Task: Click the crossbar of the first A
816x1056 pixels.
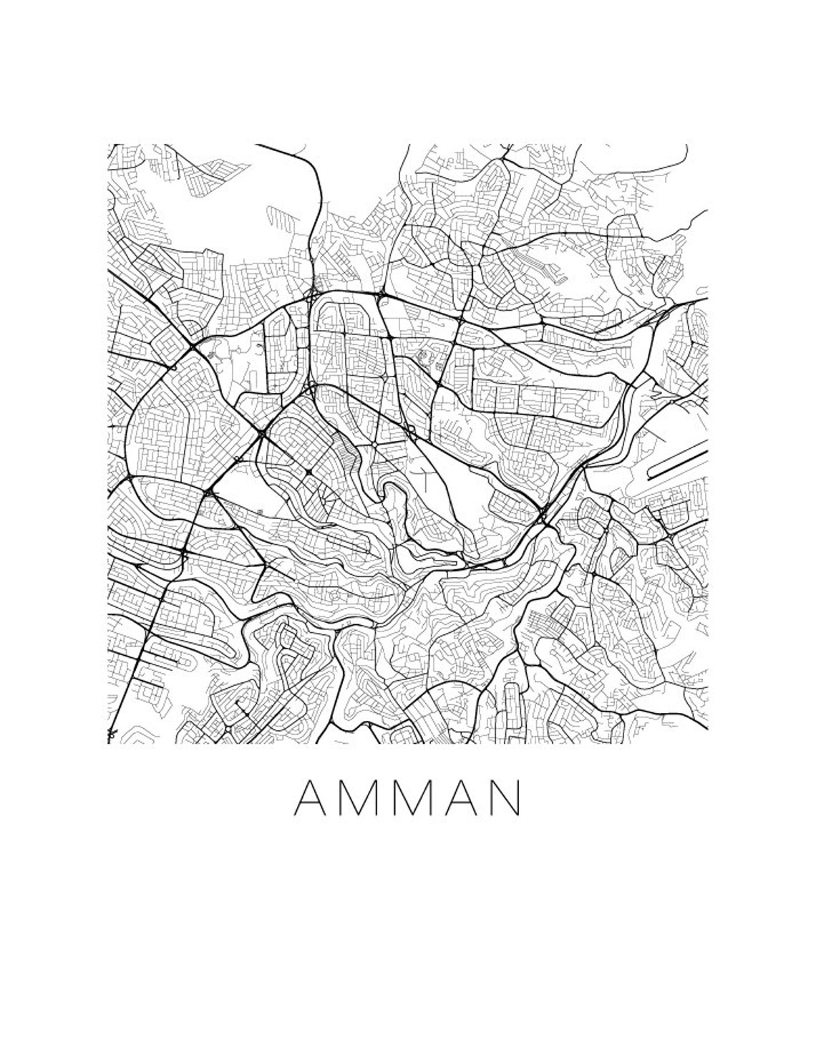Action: [311, 805]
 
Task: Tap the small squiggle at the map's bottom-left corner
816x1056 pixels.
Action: [112, 733]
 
